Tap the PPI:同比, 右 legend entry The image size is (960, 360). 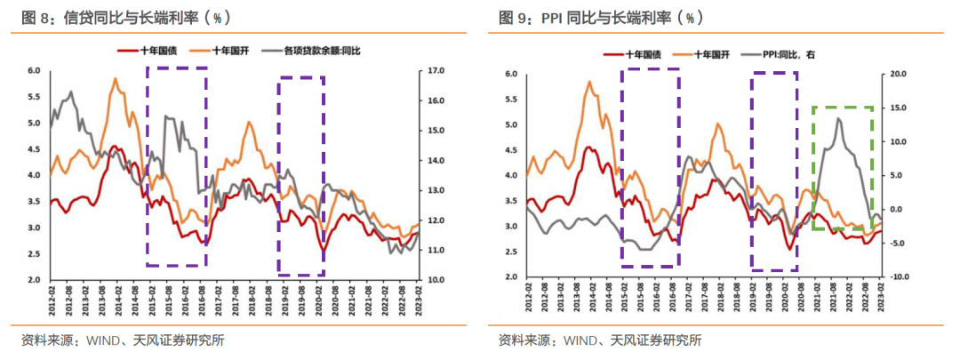788,54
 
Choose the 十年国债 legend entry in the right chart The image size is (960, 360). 642,54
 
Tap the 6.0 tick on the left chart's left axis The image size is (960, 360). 34,70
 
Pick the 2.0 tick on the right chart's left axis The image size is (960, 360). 511,277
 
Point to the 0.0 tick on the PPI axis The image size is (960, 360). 895,210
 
